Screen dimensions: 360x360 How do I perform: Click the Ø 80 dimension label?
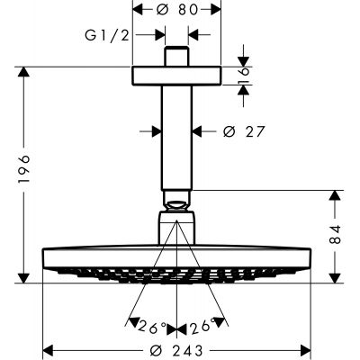(177, 10)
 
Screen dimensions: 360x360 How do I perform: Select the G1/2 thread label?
(107, 35)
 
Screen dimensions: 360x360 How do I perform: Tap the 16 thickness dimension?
(245, 76)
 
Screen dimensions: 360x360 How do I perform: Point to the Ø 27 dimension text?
(244, 131)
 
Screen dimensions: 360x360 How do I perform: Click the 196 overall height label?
(23, 169)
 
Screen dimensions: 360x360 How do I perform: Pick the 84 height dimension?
(336, 234)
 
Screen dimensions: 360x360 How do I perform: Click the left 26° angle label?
(152, 328)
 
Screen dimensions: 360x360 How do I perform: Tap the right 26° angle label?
(202, 327)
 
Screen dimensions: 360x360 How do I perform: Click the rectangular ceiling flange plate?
(176, 76)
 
